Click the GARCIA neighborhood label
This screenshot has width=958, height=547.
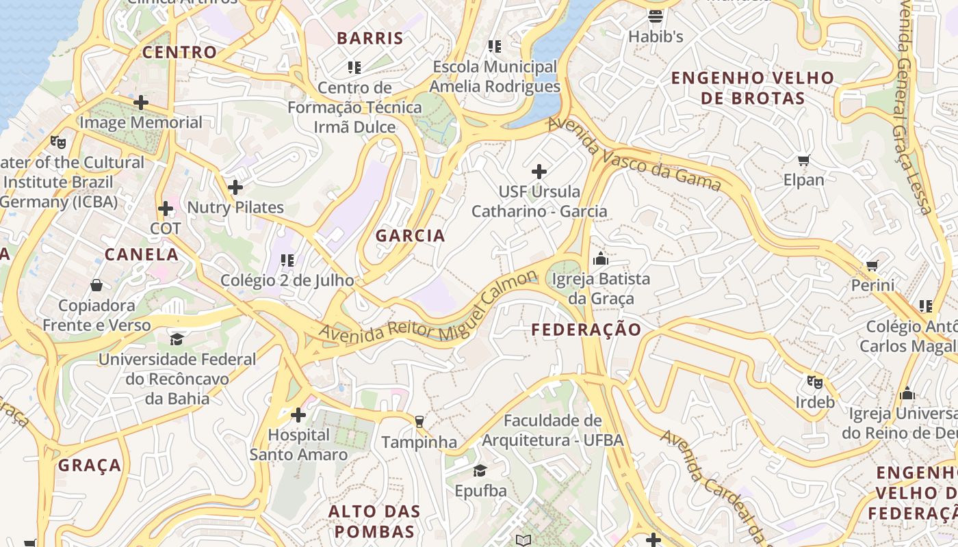411,236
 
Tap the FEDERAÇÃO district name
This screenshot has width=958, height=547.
586,330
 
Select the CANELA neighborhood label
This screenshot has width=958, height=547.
142,254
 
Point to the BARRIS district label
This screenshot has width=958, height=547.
370,38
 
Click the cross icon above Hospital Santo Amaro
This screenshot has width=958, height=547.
298,414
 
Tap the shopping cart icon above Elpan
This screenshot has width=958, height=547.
804,161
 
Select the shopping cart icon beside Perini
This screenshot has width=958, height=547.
872,265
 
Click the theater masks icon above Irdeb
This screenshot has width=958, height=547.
814,382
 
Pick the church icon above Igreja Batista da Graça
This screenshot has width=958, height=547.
601,258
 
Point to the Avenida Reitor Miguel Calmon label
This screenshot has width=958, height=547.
429,309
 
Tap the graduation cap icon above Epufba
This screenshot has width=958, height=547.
480,470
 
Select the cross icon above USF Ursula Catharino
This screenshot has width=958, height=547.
539,171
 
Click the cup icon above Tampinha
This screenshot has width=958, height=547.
419,422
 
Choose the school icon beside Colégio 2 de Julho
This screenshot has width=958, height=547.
287,261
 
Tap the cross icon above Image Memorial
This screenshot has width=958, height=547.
141,103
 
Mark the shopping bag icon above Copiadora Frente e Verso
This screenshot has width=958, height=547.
96,284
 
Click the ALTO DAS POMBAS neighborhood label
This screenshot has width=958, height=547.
374,521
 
